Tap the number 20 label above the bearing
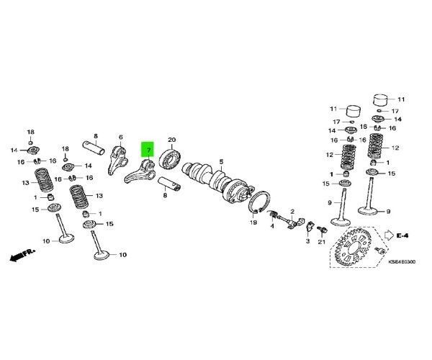click(171, 140)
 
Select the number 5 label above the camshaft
click(222, 161)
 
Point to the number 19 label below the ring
click(253, 223)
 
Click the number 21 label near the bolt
click(322, 242)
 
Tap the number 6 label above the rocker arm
click(120, 137)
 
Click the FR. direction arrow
click(22, 254)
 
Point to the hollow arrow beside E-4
click(389, 235)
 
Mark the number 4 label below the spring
click(272, 226)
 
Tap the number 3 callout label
click(307, 242)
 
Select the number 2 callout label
click(292, 211)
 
